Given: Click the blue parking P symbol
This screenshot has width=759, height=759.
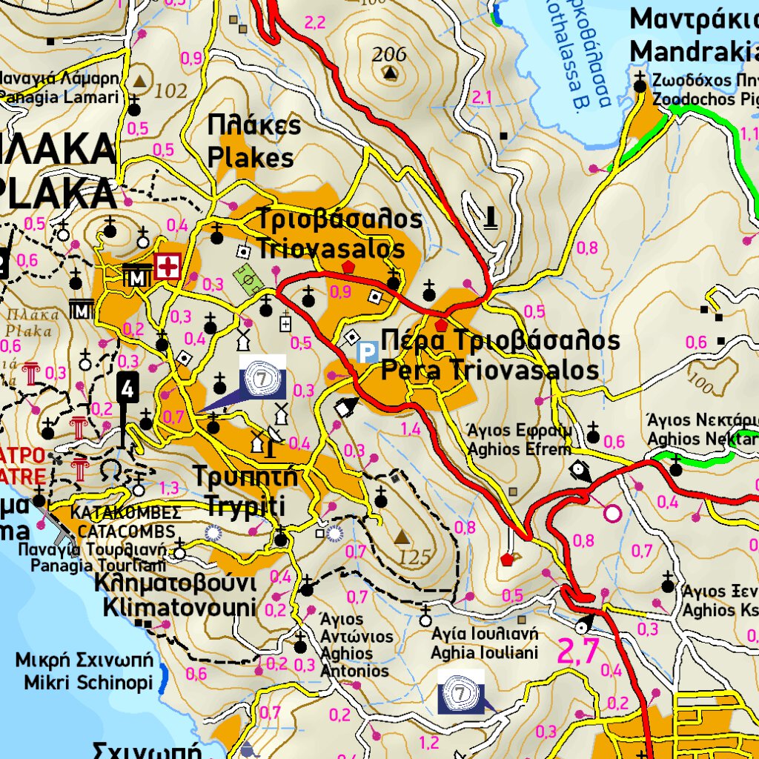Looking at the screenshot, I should coord(366,351).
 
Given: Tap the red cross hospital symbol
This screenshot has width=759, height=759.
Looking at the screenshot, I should coord(169,266).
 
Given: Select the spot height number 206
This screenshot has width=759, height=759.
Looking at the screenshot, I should coord(389,54).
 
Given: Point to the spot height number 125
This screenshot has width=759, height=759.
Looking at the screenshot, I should coord(414,556).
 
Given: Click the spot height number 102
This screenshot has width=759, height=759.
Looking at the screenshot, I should coord(171,91).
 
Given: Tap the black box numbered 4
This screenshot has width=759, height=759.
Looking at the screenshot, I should coord(128,388).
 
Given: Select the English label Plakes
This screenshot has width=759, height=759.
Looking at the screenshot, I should coord(251,158).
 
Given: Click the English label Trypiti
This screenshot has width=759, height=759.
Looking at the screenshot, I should coord(235,507).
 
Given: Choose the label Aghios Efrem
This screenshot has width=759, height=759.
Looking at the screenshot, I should coord(520,449).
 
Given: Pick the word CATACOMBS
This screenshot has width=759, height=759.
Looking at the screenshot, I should coord(127,531).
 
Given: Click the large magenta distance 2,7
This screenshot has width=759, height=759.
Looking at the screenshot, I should coord(577,652).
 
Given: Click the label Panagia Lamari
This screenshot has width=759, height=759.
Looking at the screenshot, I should coord(59,97).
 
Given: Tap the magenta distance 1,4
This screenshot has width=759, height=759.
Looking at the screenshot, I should coord(410,429).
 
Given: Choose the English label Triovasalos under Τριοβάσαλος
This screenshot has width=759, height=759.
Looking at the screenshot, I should coord(331,248).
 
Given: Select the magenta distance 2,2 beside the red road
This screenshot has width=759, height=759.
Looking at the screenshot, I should coord(315,23).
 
